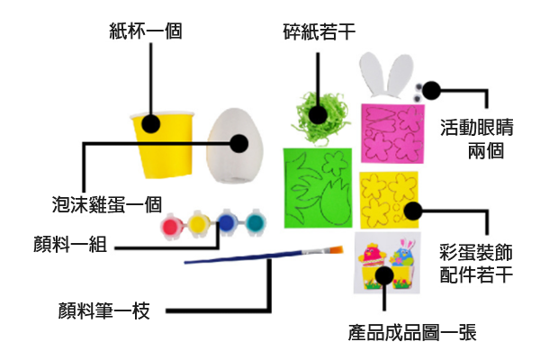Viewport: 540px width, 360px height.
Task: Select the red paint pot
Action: pos(171,226)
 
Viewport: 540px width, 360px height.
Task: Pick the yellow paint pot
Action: pos(200,225)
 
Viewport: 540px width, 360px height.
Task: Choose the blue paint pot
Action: pos(229,223)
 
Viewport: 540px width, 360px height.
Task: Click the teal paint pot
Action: pos(256,222)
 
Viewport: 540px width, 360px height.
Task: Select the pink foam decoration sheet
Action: pos(392,133)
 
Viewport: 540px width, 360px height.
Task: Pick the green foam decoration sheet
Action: pos(317,188)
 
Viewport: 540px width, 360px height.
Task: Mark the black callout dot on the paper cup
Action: pos(149,123)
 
